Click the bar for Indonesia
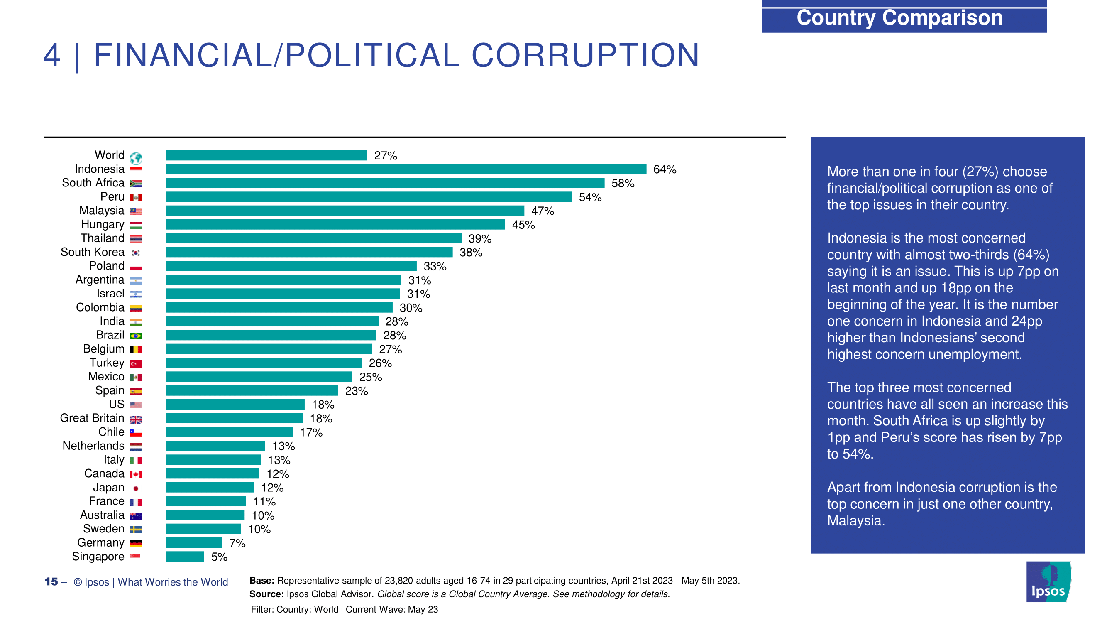tap(406, 169)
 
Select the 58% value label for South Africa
tap(623, 184)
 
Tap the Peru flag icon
tap(136, 198)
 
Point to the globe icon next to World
tap(136, 158)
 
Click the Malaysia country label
tap(101, 211)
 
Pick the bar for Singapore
tap(185, 557)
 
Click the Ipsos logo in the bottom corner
tap(1048, 582)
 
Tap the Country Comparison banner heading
tap(899, 17)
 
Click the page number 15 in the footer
tap(51, 582)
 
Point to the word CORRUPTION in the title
tap(586, 56)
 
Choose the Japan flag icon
tap(136, 488)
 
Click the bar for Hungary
tap(335, 224)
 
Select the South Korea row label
tap(93, 252)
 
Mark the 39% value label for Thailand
tap(479, 239)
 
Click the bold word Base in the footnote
tap(261, 581)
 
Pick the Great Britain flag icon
tap(136, 419)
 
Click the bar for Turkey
tap(264, 363)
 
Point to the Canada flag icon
tap(136, 474)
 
